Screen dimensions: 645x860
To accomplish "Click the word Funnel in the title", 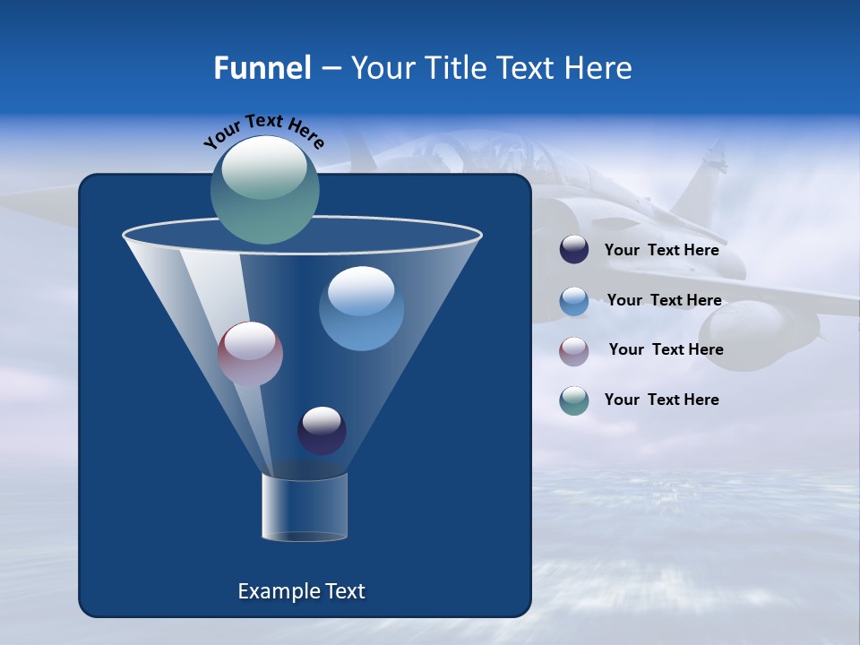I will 262,68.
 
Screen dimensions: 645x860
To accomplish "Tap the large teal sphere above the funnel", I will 265,189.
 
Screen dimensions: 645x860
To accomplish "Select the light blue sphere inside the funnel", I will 361,308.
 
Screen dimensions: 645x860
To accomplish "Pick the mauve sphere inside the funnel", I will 250,354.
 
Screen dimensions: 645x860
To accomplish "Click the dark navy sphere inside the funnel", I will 322,430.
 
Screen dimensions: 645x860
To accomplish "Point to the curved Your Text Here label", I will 264,130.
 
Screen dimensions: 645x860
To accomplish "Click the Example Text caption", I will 301,591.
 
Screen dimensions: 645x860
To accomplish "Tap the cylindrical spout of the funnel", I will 305,507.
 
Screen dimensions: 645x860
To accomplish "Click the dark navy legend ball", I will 574,250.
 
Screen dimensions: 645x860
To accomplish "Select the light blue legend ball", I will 574,301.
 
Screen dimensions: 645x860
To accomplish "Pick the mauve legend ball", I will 574,350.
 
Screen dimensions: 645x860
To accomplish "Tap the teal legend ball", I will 574,400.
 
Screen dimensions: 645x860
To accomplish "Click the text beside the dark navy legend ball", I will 661,250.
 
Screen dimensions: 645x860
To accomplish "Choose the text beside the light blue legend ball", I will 664,300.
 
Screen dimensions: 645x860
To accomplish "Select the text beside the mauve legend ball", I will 666,349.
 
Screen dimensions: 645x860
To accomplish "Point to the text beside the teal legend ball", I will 661,400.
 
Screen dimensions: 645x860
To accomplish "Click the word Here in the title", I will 600,68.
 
